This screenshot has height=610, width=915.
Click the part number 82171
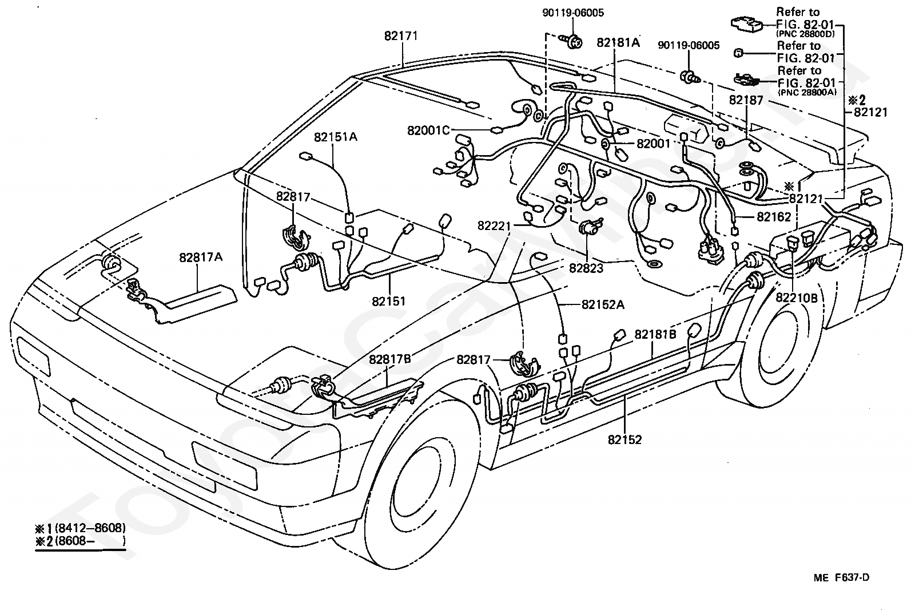(x=401, y=36)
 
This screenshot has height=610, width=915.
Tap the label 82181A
(x=618, y=42)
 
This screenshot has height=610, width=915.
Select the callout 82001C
(x=428, y=130)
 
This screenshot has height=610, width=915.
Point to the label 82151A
(x=335, y=137)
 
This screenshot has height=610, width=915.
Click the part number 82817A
(x=201, y=257)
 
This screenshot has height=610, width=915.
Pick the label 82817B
(x=389, y=359)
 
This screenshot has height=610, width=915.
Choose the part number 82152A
(x=603, y=304)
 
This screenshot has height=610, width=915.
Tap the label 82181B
(x=655, y=334)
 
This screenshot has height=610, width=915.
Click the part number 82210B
(x=797, y=298)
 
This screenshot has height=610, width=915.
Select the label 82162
(x=774, y=217)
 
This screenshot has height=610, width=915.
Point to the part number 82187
(x=746, y=100)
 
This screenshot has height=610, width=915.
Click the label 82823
(x=586, y=268)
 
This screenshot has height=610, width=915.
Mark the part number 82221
(x=494, y=225)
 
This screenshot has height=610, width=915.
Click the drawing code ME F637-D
(x=841, y=577)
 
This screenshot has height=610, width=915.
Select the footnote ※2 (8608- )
(x=81, y=541)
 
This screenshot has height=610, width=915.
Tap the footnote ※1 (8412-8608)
(x=81, y=528)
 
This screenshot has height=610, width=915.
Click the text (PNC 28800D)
(x=805, y=34)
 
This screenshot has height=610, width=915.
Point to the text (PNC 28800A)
(x=807, y=92)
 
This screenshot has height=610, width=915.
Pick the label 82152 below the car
(x=624, y=439)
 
